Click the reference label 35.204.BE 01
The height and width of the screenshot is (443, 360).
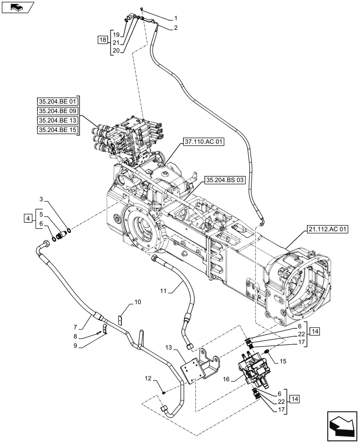point(58,102)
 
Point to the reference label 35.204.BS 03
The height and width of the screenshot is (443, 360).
point(225,180)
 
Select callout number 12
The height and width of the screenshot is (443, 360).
point(148,378)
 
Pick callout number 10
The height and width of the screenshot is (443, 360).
point(137,302)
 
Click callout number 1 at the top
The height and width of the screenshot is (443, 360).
point(176,19)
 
